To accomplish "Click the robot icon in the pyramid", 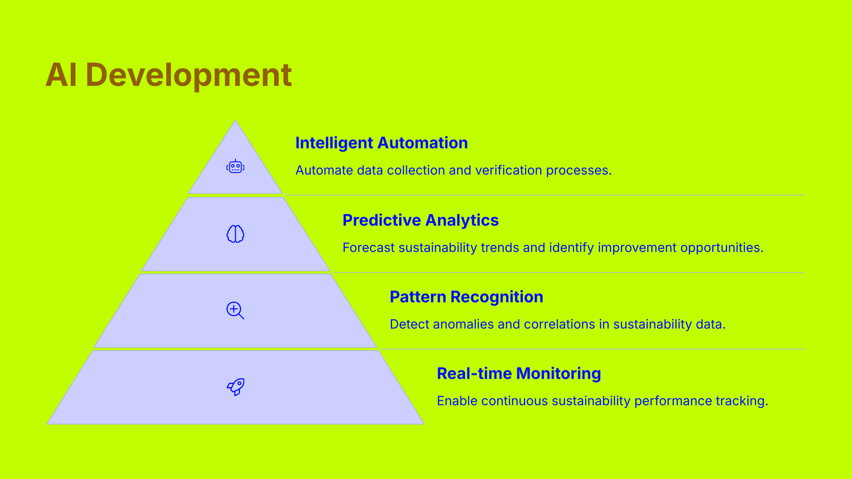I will pos(235,166).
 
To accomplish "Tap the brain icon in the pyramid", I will pos(235,234).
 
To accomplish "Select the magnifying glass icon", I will pos(235,310).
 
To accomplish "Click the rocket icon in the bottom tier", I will pos(236,387).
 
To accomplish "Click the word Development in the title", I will pos(189,75).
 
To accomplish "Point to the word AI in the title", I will pos(61,75).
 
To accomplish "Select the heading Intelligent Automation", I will pos(381,143).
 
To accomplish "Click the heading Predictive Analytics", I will pos(420,220).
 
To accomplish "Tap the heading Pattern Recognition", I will pos(466,297).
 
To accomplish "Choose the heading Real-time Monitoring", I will pos(519,374).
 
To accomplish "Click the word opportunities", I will pos(721,248).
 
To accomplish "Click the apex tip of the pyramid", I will pos(235,121).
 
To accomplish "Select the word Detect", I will pos(409,324).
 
